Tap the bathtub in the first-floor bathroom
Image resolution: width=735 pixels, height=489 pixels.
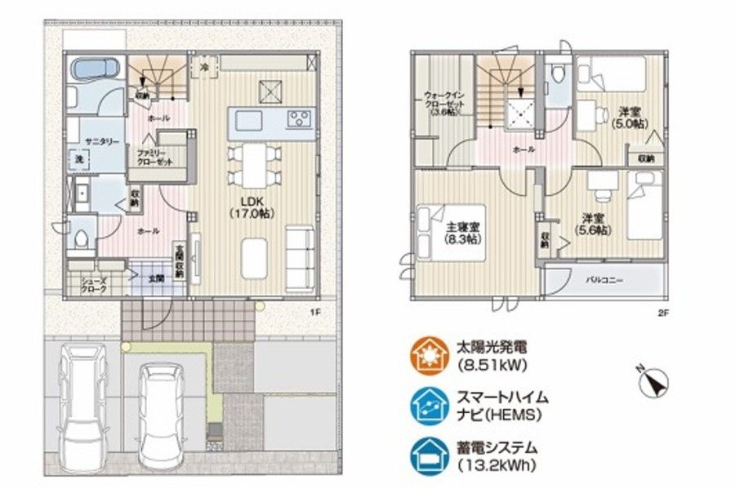pyautogui.click(x=96, y=70)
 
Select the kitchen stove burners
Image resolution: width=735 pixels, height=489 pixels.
pyautogui.click(x=300, y=120)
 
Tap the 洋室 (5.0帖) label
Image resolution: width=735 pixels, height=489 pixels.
pyautogui.click(x=630, y=117)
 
